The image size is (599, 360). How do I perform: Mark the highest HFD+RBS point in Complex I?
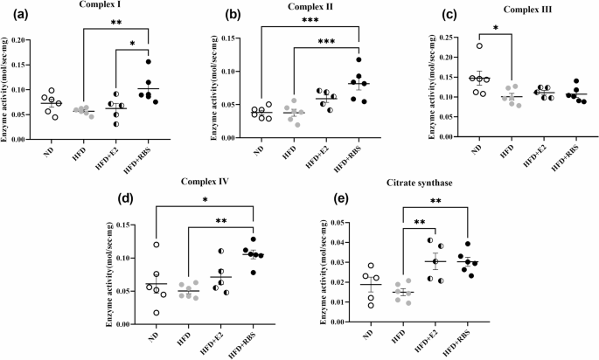(x=150, y=62)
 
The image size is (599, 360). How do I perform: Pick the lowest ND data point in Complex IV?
(x=157, y=312)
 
